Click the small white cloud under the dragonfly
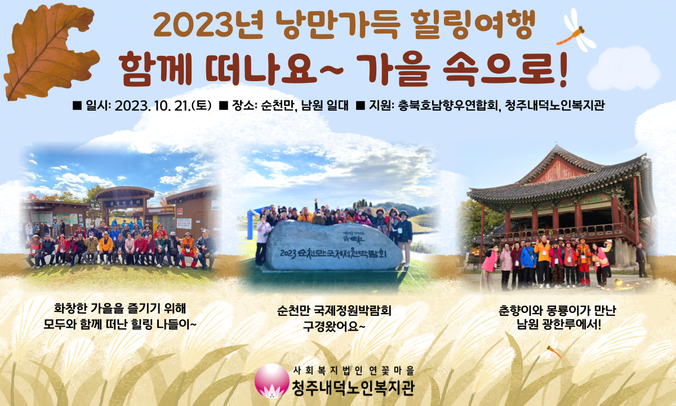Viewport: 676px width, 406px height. (624, 69)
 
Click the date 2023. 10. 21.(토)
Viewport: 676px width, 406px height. (163, 106)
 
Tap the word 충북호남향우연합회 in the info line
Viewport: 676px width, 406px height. (448, 105)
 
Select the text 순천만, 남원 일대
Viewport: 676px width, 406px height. (305, 106)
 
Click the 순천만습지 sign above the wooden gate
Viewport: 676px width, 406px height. (124, 203)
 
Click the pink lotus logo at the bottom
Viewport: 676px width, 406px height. (272, 380)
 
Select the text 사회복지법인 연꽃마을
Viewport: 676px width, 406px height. (354, 370)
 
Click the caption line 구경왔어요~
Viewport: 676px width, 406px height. (335, 326)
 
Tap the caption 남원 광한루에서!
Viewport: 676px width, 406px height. (559, 325)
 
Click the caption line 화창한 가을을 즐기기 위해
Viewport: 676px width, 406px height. (120, 308)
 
